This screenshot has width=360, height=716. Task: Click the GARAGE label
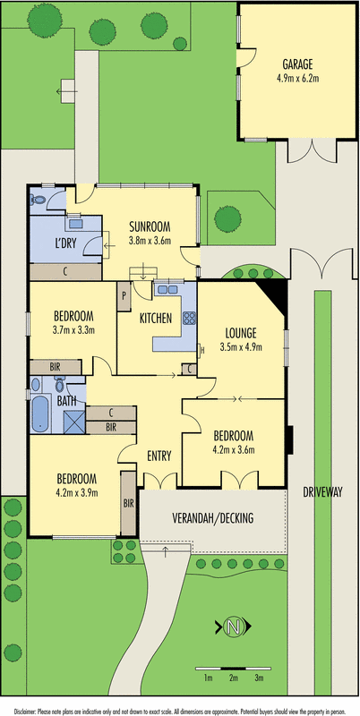(297, 64)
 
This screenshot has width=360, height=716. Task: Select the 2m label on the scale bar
(233, 678)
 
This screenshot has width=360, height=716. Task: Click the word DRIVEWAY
(322, 491)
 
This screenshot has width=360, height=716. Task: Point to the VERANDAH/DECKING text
(212, 518)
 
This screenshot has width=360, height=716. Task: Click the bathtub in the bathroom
(40, 413)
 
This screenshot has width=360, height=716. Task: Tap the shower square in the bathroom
(74, 422)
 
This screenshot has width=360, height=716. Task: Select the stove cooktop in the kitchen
(189, 318)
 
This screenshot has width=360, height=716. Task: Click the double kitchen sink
(167, 289)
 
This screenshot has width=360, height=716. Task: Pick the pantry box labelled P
(124, 297)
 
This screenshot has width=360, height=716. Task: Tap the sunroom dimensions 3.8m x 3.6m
(150, 241)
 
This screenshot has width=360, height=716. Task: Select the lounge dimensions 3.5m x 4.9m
(241, 347)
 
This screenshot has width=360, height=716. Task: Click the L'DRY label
(65, 242)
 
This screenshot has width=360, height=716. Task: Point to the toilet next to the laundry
(38, 199)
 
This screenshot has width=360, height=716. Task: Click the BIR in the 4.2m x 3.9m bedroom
(128, 503)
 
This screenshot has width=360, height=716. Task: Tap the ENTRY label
(159, 456)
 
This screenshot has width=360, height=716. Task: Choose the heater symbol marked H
(201, 350)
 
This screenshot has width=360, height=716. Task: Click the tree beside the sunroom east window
(227, 219)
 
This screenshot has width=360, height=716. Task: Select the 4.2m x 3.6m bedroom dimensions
(235, 448)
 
